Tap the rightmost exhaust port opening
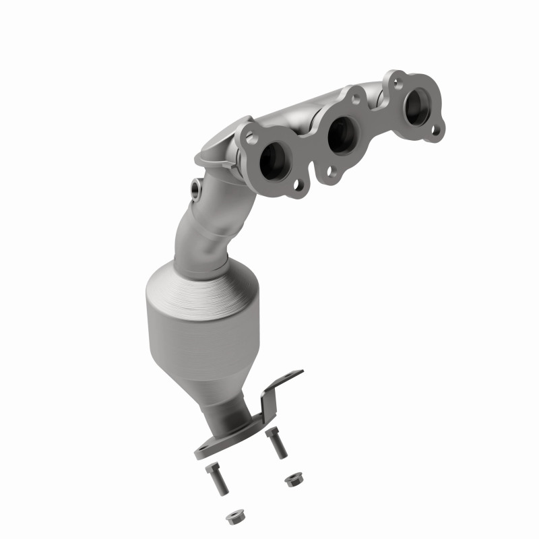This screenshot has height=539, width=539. [x=418, y=108]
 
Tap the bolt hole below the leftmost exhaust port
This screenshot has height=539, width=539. [x=296, y=183]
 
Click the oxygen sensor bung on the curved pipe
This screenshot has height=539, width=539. [x=196, y=188]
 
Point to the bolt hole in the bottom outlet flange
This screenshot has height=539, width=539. [x=206, y=449]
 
